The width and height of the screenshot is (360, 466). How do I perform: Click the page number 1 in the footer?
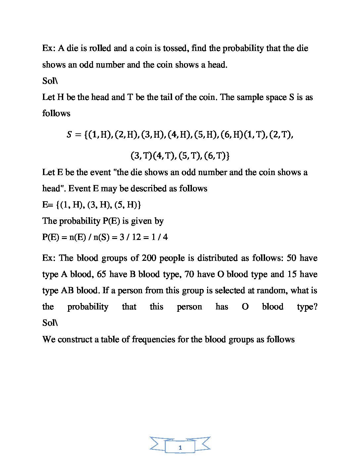click(180, 448)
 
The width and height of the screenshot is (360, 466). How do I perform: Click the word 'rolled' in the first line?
click(100, 48)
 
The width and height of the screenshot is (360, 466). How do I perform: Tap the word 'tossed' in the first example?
click(175, 48)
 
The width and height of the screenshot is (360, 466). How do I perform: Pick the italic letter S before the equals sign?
click(69, 135)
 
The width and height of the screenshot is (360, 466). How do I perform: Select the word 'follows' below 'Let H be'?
click(56, 114)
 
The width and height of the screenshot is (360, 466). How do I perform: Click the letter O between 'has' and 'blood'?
click(245, 307)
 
